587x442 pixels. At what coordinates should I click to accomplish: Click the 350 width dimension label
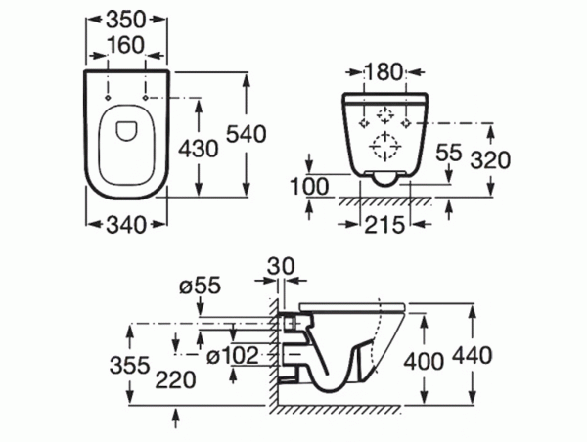[125, 20]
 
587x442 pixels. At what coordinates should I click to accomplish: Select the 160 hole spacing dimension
[125, 45]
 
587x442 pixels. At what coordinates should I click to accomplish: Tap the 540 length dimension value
[247, 134]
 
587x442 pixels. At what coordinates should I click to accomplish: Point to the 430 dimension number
[198, 149]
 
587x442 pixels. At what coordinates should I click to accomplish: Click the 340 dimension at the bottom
[125, 225]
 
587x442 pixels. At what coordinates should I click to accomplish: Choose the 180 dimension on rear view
[384, 71]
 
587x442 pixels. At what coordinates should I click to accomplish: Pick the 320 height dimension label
[490, 160]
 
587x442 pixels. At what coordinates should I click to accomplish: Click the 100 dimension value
[310, 187]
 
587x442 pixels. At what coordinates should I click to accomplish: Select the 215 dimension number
[384, 225]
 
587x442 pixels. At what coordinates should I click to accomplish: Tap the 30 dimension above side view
[281, 267]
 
